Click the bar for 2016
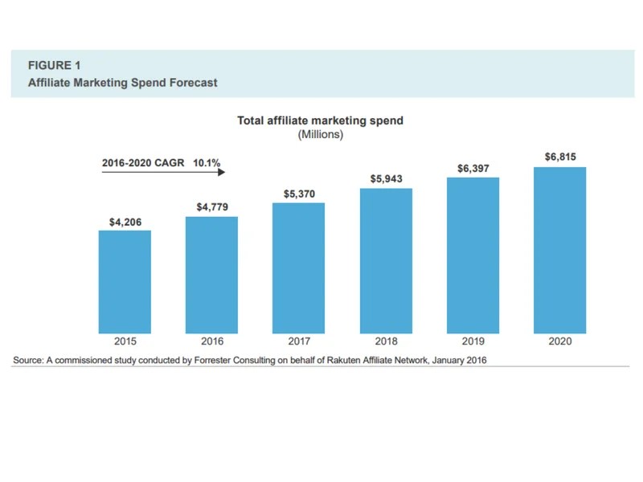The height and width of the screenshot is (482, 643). (211, 274)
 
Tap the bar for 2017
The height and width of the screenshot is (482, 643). (298, 268)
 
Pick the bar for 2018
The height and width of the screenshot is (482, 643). (386, 260)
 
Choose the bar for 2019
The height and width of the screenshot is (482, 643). (473, 255)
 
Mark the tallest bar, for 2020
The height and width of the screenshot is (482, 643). (560, 250)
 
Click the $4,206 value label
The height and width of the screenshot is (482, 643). (125, 221)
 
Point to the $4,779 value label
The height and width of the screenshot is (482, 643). (212, 207)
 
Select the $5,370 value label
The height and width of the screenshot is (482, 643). (299, 194)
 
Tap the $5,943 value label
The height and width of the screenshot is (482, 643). (386, 179)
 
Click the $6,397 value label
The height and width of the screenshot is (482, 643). (473, 168)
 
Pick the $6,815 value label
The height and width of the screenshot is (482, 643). (560, 157)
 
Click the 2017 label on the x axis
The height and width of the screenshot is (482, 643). (298, 341)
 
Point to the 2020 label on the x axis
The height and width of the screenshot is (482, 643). (560, 341)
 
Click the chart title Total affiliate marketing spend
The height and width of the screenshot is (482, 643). (320, 120)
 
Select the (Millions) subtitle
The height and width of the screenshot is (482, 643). (320, 134)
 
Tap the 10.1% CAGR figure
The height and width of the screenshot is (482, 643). (207, 162)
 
